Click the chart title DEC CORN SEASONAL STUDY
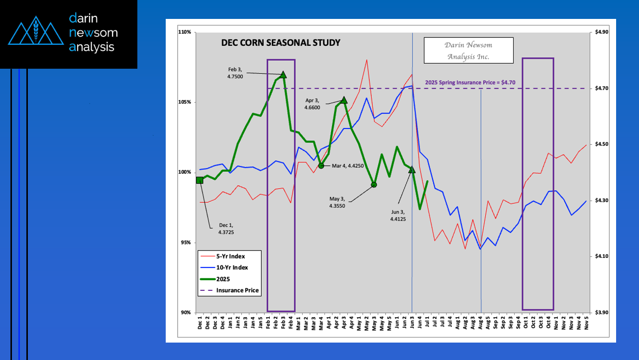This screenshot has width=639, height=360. [281, 43]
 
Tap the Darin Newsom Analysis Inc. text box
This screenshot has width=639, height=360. [468, 50]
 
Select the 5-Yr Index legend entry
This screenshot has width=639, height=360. [230, 256]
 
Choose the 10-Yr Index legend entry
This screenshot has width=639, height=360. [231, 267]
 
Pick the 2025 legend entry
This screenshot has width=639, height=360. [223, 279]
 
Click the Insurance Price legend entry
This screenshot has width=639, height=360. [237, 290]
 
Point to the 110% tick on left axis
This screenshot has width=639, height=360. [185, 32]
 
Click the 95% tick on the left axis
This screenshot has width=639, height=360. [186, 242]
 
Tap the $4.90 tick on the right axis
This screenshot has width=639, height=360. [602, 32]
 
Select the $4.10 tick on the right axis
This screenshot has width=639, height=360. [602, 256]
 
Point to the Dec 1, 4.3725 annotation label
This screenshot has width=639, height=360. [226, 229]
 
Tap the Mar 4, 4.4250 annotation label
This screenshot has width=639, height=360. [348, 165]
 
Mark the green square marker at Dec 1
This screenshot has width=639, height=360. [200, 180]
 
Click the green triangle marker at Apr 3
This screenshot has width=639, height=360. [344, 100]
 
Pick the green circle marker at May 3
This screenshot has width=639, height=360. [374, 185]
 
